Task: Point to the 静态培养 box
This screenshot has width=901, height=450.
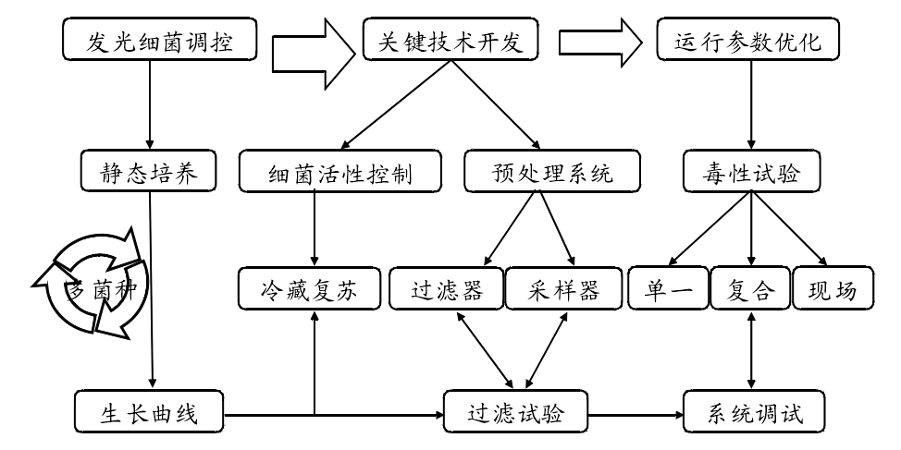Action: point(148,173)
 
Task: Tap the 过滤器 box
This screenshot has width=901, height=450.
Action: point(446,289)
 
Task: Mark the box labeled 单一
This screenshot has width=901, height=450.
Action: point(668,289)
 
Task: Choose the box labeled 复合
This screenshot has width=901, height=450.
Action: point(750,289)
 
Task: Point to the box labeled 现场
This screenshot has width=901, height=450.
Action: point(832,289)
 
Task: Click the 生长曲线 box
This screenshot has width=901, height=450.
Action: point(149,412)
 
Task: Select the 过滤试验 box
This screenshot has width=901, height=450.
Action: point(516,412)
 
